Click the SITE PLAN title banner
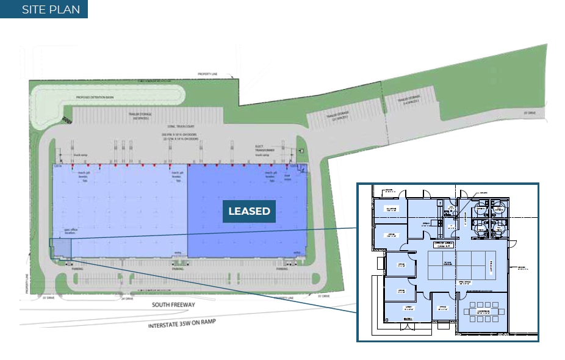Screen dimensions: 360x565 [44, 9]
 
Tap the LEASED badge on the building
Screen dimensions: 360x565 [249, 211]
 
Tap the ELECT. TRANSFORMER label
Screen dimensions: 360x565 [265, 148]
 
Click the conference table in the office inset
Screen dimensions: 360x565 [482, 311]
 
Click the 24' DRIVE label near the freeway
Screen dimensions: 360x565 [127, 299]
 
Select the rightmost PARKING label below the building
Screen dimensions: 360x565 [282, 268]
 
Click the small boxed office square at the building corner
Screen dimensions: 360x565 [60, 248]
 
